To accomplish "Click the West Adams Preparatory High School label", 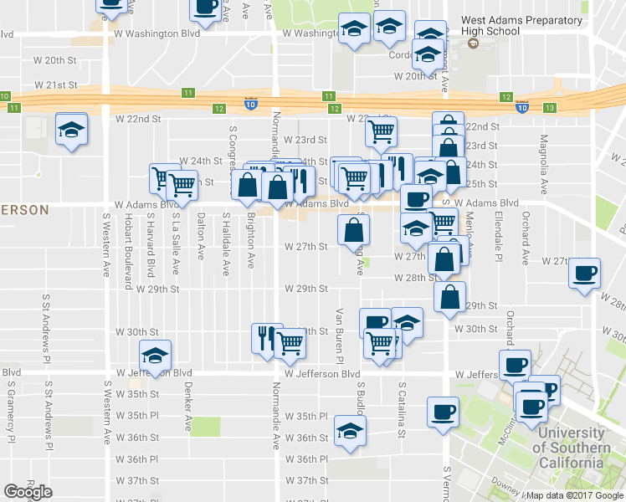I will pos(521,25).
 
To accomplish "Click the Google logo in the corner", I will pos(28,492).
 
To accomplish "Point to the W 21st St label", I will pos(55,85).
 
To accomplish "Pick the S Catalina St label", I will pos(402,410).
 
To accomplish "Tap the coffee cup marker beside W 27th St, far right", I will pos(584,273).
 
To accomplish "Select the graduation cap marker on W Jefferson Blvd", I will pos(154,356).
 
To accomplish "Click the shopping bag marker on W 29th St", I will pos(450,296).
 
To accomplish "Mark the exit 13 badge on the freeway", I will pos(549,108).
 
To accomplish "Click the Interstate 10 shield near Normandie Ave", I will pos(251,104).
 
